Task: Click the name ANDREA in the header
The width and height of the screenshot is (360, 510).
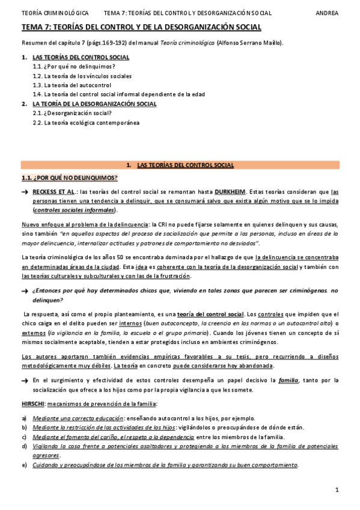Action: tap(327, 13)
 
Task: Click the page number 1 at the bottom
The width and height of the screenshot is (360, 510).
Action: tap(337, 490)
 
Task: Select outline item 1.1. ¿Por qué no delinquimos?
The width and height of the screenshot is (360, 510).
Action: tap(74, 66)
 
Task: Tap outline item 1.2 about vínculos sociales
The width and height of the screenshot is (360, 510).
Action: tap(82, 76)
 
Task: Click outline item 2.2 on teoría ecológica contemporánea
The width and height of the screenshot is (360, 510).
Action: tap(85, 122)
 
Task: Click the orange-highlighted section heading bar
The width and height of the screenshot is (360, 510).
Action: tap(180, 164)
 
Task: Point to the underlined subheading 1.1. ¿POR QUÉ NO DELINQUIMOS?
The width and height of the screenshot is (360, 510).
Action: tap(69, 177)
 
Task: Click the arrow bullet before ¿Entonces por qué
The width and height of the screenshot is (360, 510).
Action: tap(25, 290)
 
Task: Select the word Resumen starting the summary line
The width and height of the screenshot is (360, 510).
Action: tap(33, 43)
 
